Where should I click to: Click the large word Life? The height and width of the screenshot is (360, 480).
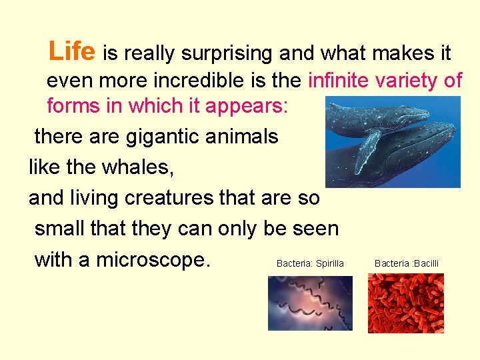click(73, 50)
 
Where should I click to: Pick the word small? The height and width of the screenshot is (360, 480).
click(62, 228)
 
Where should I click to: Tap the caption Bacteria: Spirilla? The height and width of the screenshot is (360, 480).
click(310, 263)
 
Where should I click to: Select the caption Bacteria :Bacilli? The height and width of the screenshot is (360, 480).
click(407, 263)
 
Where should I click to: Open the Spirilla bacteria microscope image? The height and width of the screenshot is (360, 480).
click(310, 303)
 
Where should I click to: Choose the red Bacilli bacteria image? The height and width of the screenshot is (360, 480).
click(406, 303)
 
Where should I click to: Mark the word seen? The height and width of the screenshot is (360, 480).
click(314, 228)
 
